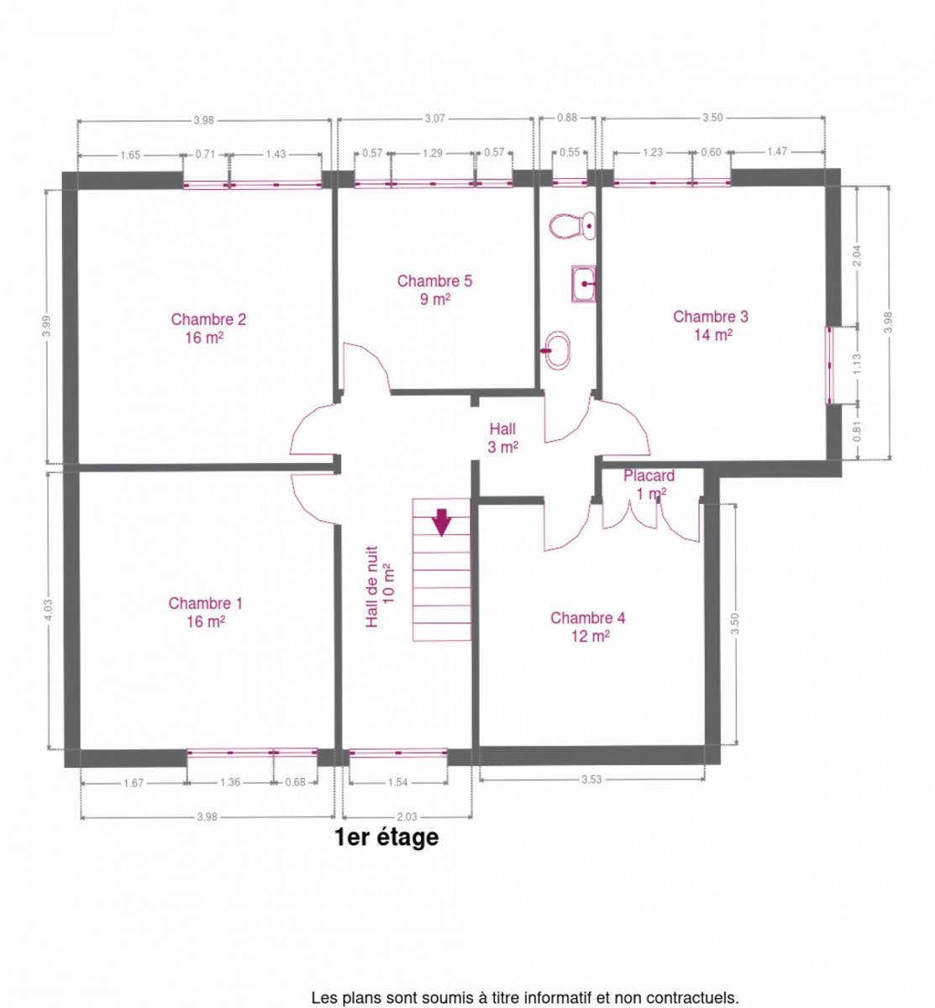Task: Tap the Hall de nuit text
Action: [x=371, y=586]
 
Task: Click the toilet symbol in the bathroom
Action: [x=571, y=225]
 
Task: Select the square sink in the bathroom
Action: [x=583, y=283]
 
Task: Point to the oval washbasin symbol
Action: [x=556, y=349]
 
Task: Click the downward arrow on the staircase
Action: [x=442, y=522]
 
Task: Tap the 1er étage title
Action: [x=386, y=837]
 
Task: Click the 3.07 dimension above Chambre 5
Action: [x=434, y=118]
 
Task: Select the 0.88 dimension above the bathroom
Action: [x=567, y=118]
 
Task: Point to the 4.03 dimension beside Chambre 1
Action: [x=48, y=610]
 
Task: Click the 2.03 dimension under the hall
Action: [x=407, y=816]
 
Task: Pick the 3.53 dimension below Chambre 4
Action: [x=591, y=779]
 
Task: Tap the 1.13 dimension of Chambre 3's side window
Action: [x=858, y=364]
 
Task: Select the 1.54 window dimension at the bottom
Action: [x=397, y=782]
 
